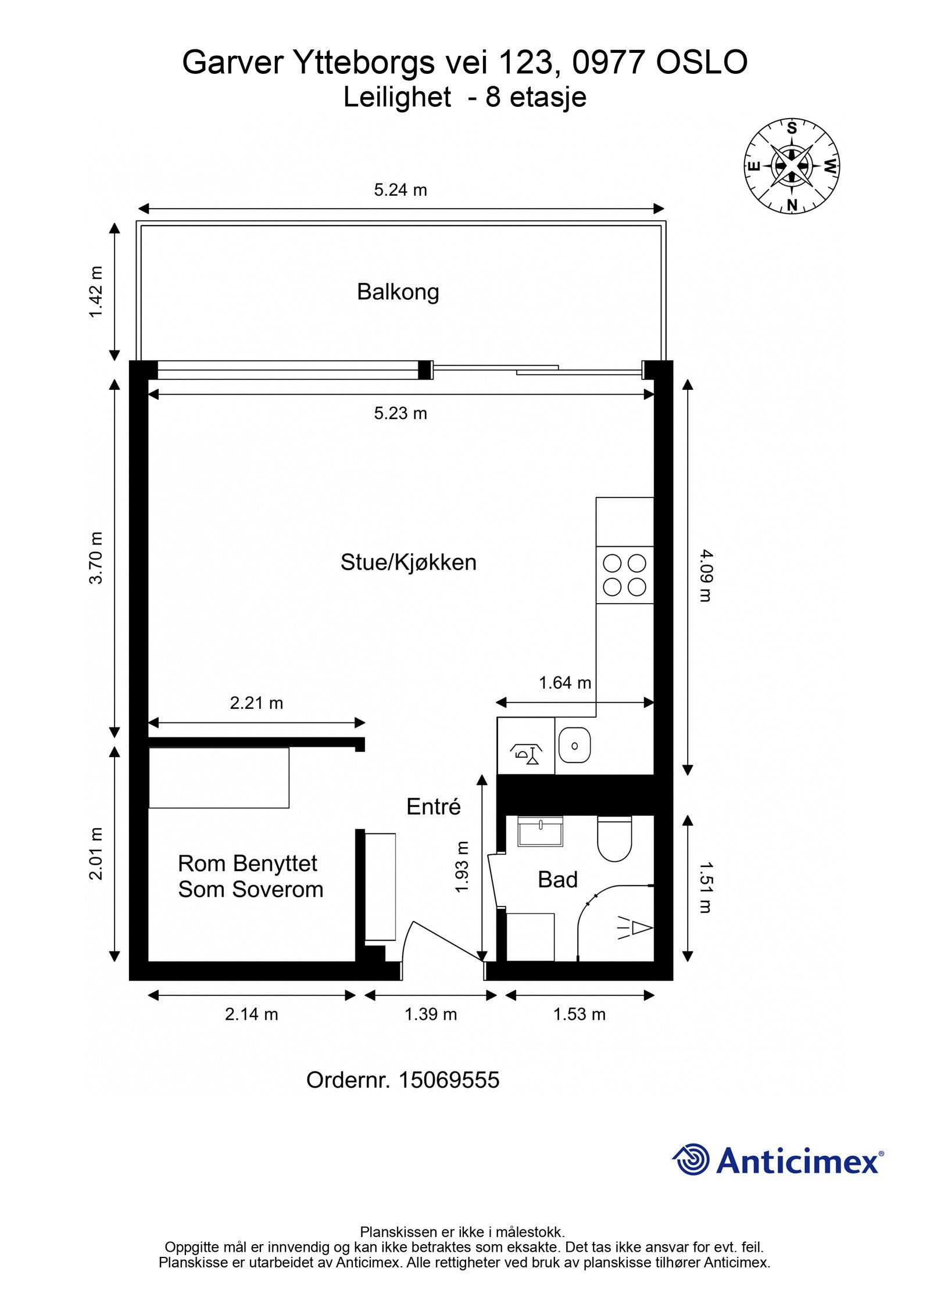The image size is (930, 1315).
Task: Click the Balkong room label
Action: [x=398, y=292]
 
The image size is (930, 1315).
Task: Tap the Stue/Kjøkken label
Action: [x=408, y=562]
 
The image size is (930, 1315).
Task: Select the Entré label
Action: [x=433, y=807]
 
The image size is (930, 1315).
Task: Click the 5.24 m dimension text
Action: [x=400, y=190]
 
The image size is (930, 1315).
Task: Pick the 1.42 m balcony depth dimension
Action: [x=96, y=292]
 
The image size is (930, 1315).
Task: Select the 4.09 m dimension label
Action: [x=704, y=576]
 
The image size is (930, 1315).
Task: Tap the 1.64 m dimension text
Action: [x=565, y=683]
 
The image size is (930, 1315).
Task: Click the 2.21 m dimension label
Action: [x=256, y=703]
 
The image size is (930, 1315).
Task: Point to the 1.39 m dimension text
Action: [x=431, y=1014]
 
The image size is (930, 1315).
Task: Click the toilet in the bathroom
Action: [x=614, y=839]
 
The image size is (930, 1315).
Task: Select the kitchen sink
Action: [x=575, y=746]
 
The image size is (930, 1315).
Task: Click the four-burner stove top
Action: [x=625, y=575]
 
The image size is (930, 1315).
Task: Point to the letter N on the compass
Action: [x=792, y=205]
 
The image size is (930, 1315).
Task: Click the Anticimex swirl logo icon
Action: [x=691, y=1160]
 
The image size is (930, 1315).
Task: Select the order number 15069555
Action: [x=449, y=1080]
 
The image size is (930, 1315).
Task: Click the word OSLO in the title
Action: [x=702, y=63]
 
